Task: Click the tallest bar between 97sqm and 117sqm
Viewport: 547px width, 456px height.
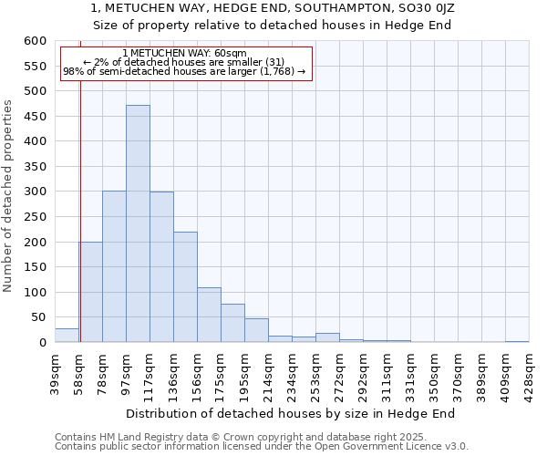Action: (138, 223)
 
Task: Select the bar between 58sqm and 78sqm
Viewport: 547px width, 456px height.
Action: (90, 292)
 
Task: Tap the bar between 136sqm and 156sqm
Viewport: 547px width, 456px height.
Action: (185, 287)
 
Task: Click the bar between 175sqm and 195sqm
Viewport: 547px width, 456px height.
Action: (232, 323)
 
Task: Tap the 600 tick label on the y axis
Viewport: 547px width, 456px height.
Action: (35, 41)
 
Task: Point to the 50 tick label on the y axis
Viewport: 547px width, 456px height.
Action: (38, 317)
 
